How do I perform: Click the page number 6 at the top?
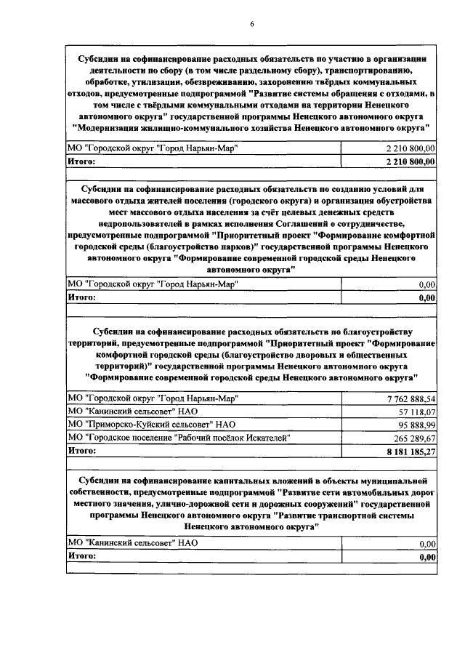click(251, 24)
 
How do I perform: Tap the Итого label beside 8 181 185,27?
click(81, 451)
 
